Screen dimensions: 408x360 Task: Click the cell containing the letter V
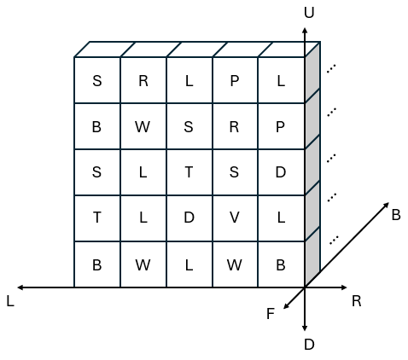(235, 218)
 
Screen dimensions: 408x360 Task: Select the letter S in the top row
(97, 81)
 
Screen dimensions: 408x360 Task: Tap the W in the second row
(143, 127)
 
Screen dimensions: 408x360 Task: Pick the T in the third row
(189, 172)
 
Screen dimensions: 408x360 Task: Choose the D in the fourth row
(189, 218)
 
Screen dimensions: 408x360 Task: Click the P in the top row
(235, 81)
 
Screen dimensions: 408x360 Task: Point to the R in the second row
(234, 127)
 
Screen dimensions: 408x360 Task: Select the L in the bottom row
(189, 265)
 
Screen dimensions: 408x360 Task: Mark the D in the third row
(281, 172)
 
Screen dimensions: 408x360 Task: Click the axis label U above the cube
(309, 13)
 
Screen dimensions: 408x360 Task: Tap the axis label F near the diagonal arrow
(271, 314)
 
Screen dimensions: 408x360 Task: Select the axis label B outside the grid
(396, 215)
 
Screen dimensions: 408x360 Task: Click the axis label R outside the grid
(357, 301)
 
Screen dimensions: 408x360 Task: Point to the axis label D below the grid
(309, 345)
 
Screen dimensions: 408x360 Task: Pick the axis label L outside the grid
(10, 301)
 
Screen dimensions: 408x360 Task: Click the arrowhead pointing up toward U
(305, 30)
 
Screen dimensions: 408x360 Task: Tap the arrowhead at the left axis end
(20, 287)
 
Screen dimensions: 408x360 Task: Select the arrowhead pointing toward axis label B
(387, 205)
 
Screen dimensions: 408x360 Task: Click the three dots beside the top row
(331, 69)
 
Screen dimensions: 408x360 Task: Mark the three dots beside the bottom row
(334, 240)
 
